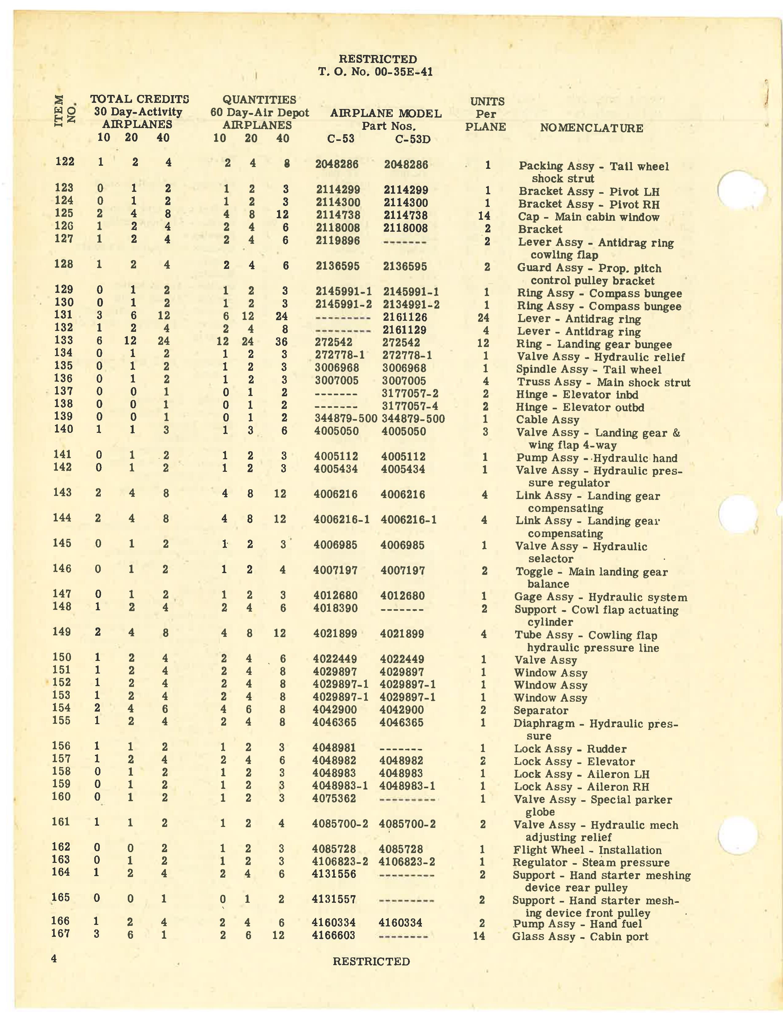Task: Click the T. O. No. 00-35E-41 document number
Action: coord(375,72)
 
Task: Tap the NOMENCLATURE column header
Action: coord(591,128)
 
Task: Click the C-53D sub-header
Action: coord(412,139)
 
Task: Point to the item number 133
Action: coord(64,341)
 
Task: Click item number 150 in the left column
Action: coord(62,657)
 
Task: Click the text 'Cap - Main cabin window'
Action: coord(588,217)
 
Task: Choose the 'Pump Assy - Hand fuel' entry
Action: coord(577,923)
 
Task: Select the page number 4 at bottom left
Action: coord(54,958)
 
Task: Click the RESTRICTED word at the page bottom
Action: coord(371,961)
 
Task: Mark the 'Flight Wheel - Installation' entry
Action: coord(587,850)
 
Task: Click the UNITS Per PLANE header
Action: coord(486,114)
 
